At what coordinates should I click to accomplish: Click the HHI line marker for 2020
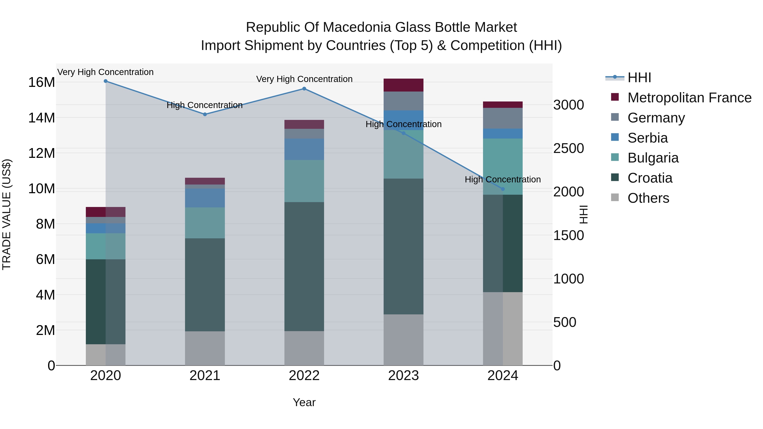[x=106, y=81]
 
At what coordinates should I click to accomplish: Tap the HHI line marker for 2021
[x=205, y=114]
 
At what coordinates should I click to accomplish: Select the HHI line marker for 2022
[x=304, y=89]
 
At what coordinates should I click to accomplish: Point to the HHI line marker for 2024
[x=503, y=189]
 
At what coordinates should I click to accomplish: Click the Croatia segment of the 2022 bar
[x=304, y=267]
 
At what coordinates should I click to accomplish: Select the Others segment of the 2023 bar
[x=403, y=340]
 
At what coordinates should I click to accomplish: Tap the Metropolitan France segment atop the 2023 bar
[x=403, y=85]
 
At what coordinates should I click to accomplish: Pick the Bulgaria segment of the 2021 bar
[x=205, y=223]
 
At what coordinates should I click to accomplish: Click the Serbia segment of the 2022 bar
[x=304, y=149]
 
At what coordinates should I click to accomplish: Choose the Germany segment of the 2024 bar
[x=503, y=118]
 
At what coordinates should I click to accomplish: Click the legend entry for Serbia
[x=647, y=138]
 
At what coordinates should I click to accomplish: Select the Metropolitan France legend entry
[x=689, y=98]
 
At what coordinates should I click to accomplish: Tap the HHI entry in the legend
[x=639, y=78]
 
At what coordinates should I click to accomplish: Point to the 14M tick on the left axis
[x=42, y=118]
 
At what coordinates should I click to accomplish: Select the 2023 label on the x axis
[x=403, y=376]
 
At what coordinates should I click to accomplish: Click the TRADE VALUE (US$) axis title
[x=7, y=214]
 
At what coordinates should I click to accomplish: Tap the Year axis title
[x=304, y=402]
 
